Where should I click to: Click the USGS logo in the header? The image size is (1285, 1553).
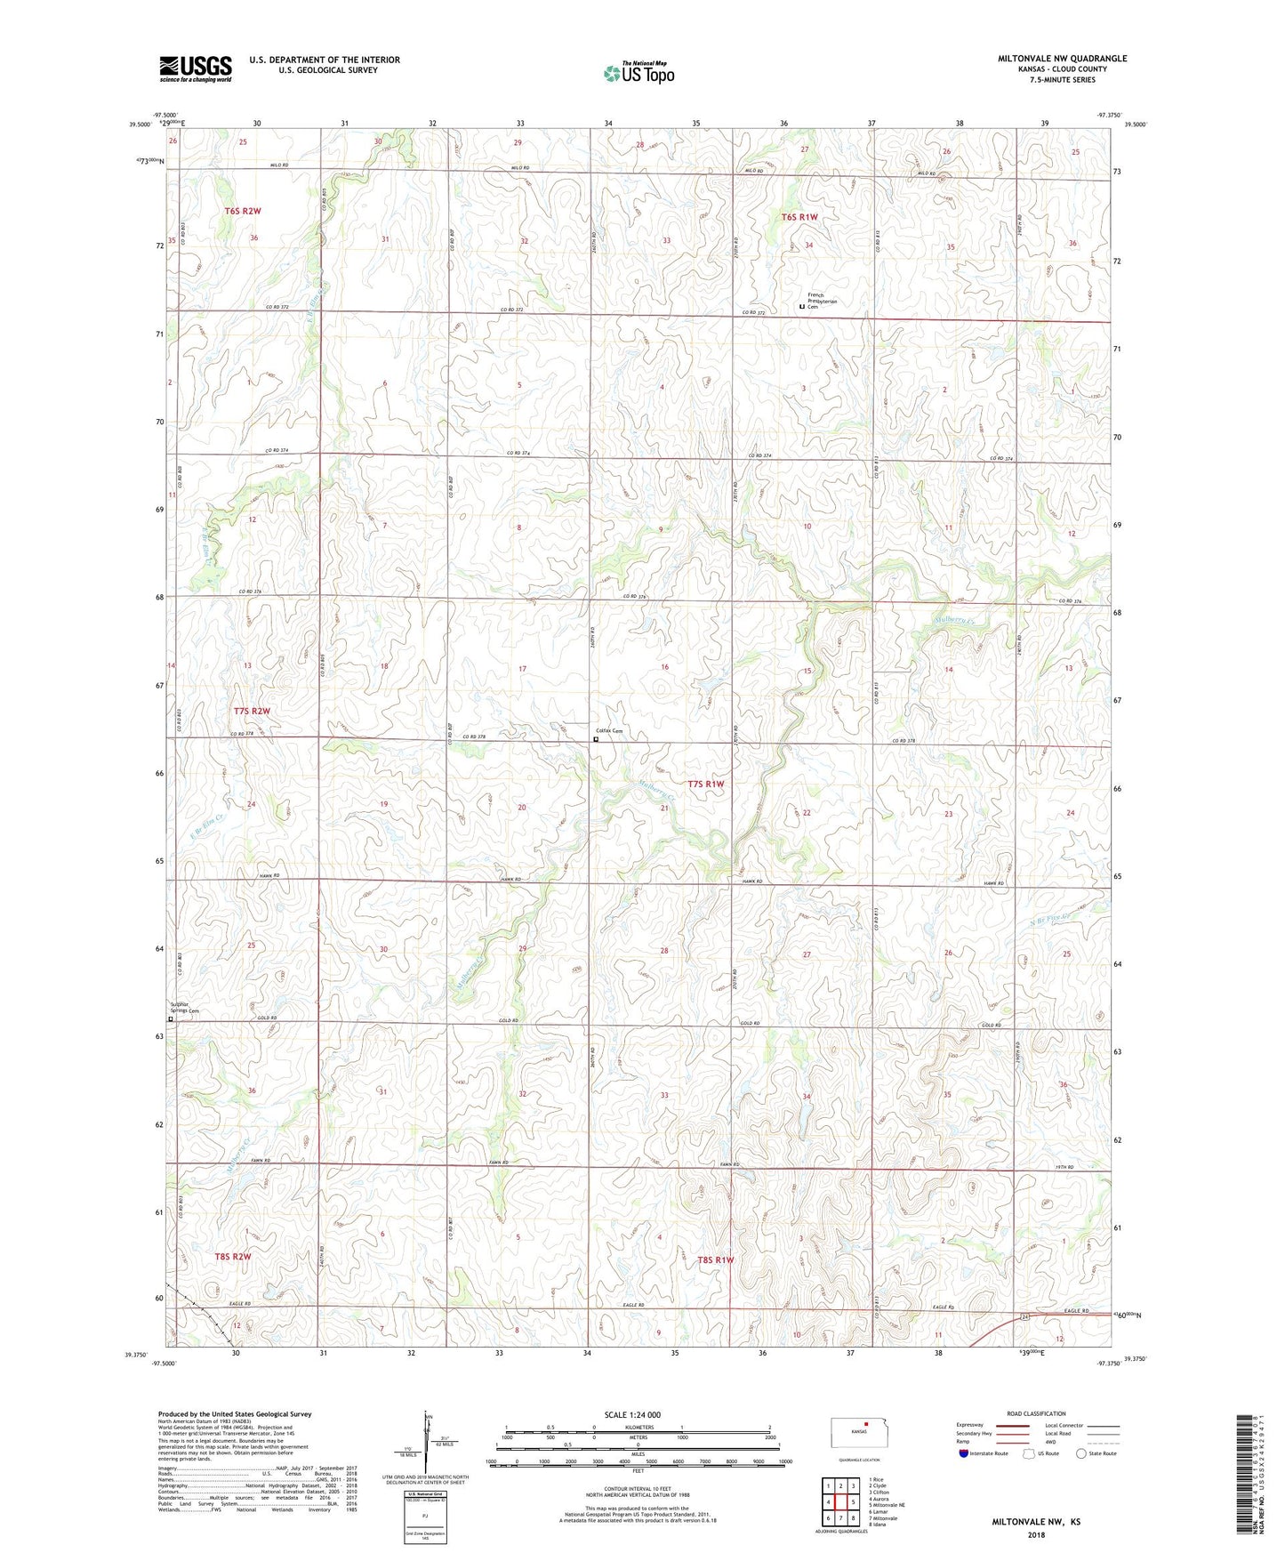(x=196, y=68)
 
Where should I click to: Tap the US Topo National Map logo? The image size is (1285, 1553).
(x=638, y=73)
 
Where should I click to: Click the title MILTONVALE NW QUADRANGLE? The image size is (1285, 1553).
(x=1062, y=59)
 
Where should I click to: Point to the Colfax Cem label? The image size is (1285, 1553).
(x=610, y=731)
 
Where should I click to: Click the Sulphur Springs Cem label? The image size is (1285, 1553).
(x=185, y=1008)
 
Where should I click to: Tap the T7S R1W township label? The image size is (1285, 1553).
(x=706, y=785)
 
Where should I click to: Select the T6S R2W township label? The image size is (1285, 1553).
(x=243, y=211)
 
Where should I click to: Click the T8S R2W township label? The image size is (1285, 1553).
(x=233, y=1257)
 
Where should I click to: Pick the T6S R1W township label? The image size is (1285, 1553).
(x=799, y=217)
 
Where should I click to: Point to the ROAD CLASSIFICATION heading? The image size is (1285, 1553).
(x=1035, y=1413)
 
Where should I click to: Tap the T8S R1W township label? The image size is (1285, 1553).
(x=716, y=1260)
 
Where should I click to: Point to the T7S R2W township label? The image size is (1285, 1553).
(x=252, y=711)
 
